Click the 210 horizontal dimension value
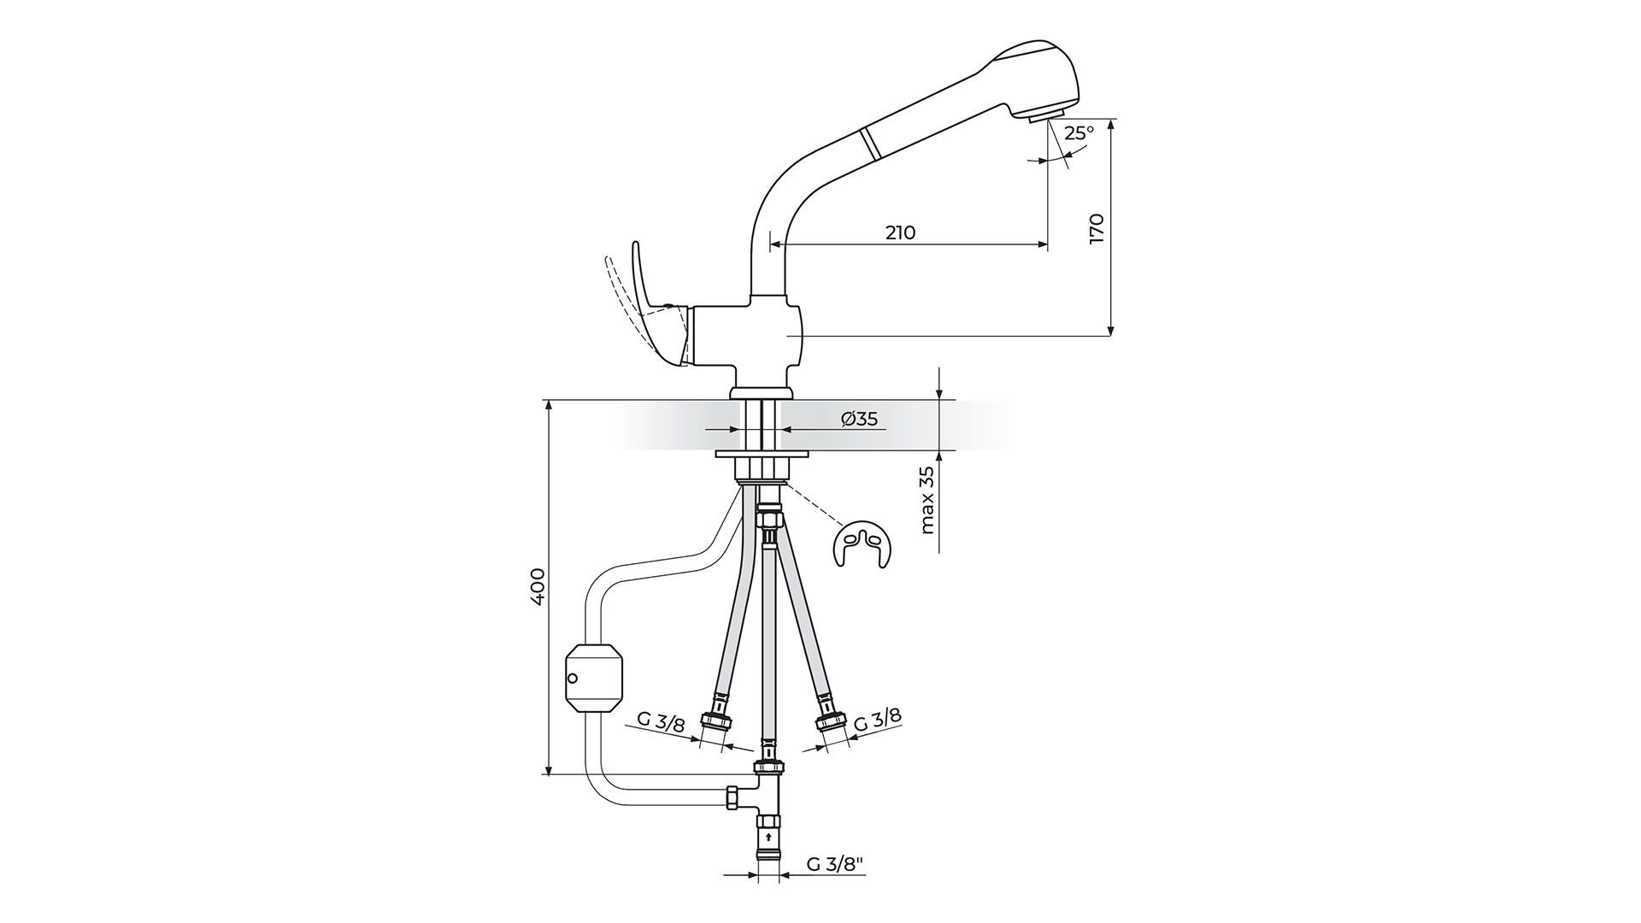click(x=900, y=232)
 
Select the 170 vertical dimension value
click(x=1097, y=229)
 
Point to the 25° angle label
click(x=1079, y=133)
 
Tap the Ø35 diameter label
click(x=859, y=419)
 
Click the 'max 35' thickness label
click(x=928, y=500)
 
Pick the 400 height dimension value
click(x=538, y=586)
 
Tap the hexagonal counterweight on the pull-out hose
click(x=596, y=678)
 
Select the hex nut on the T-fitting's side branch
click(x=732, y=797)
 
